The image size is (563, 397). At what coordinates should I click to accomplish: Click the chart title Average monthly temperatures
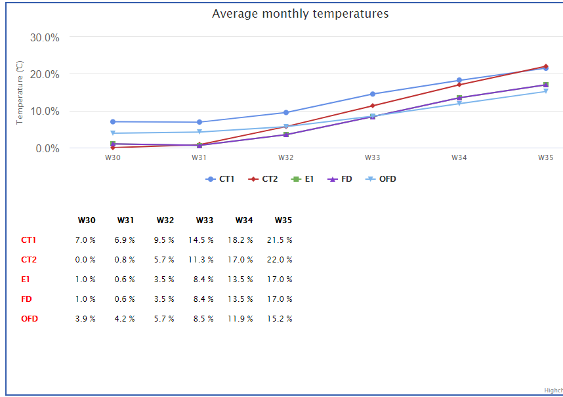(300, 14)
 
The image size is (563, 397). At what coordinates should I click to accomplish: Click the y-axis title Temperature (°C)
(20, 93)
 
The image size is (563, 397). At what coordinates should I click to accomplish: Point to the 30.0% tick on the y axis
(45, 37)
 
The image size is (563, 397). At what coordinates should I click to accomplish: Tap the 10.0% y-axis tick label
(45, 112)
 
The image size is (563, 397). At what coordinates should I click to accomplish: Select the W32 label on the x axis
(285, 157)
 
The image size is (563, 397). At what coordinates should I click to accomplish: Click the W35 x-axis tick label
(545, 157)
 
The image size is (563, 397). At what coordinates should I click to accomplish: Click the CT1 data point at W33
(372, 94)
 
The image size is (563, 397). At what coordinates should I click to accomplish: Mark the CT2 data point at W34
(459, 85)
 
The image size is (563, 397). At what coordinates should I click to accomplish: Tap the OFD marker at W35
(545, 91)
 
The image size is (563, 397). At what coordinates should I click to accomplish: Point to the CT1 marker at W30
(113, 121)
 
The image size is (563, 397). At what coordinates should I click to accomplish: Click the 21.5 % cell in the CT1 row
(280, 240)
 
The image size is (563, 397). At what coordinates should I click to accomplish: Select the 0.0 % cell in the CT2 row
(85, 260)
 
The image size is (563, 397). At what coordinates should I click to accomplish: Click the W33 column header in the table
(204, 220)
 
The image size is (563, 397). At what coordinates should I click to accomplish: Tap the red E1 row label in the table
(25, 280)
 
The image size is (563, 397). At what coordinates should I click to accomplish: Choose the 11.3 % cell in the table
(201, 260)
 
